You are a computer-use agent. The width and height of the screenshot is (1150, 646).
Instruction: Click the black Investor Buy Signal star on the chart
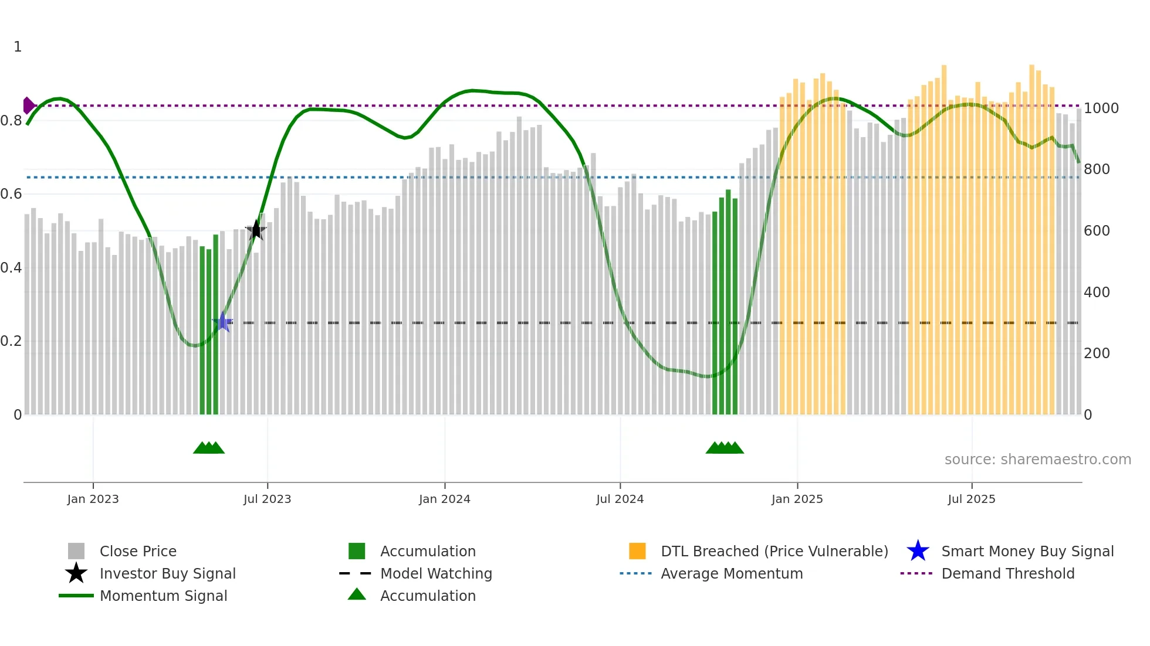256,230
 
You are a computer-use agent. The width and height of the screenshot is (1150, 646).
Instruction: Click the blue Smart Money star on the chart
222,322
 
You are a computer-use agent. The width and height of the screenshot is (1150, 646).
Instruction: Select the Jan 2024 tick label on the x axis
444,499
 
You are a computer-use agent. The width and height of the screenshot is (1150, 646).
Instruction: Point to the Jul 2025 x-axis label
971,499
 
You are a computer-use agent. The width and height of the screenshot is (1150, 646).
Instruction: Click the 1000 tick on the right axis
1101,108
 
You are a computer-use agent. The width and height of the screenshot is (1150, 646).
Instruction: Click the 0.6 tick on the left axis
11,194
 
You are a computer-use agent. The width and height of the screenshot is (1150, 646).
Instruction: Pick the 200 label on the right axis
1096,353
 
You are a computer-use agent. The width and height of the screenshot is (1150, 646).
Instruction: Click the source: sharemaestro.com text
1037,460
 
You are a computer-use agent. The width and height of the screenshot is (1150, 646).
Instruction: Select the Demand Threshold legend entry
1007,573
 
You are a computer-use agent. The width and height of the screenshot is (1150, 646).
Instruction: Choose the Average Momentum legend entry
731,573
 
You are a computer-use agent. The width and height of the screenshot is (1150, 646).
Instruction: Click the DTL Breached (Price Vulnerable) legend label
774,551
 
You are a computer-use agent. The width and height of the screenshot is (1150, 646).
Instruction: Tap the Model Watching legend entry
435,573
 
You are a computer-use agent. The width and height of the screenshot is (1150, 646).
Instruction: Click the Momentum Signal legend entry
163,596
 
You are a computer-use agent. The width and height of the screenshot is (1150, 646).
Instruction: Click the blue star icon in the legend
918,551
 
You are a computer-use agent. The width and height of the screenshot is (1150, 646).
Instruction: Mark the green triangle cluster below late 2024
725,448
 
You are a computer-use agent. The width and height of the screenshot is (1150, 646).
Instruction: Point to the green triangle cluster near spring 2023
209,448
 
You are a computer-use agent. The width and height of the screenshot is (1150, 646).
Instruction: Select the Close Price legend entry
137,551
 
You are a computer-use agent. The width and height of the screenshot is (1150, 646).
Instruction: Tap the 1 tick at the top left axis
18,47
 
